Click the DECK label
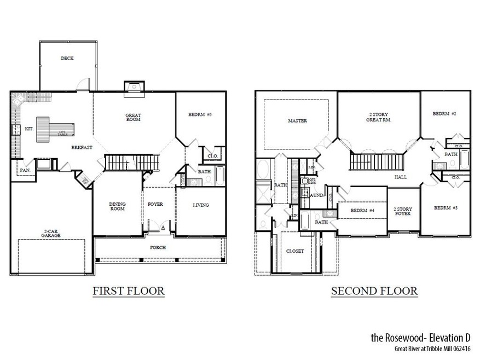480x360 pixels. (67, 59)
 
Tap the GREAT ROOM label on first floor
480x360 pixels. (133, 117)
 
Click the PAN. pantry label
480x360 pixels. (24, 170)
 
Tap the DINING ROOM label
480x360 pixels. (117, 206)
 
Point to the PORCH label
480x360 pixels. (158, 247)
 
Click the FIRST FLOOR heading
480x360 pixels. (128, 291)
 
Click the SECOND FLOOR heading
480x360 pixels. (374, 291)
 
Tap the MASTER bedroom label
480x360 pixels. (297, 120)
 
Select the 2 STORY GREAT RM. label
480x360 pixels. (378, 117)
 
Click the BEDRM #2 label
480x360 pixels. (444, 114)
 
